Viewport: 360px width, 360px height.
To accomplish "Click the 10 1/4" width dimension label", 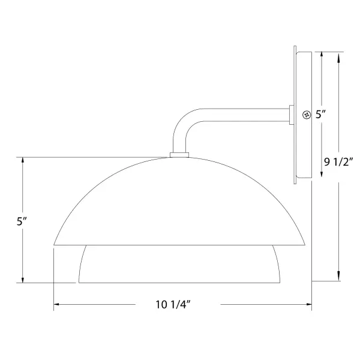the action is click(x=173, y=305).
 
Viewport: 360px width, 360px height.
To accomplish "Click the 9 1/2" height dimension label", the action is click(x=338, y=162).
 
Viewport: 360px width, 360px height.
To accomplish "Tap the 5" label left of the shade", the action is click(x=22, y=221).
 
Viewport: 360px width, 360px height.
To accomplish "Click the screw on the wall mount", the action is click(x=306, y=115).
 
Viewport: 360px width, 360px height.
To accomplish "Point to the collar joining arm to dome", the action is click(x=179, y=155).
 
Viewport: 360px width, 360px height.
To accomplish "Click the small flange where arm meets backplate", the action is click(x=292, y=115).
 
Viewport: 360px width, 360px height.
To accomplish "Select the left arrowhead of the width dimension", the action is click(x=56, y=304).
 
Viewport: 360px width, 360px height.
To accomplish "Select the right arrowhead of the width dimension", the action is click(x=309, y=304).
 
